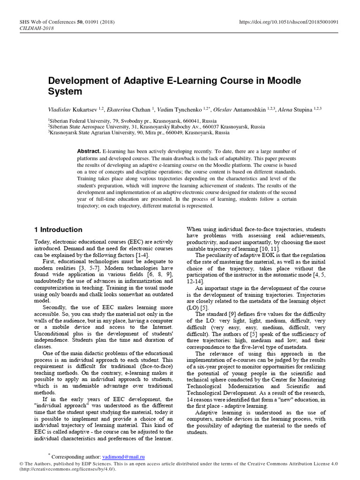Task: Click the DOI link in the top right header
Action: coord(290,22)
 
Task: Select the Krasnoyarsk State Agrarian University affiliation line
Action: coord(139,133)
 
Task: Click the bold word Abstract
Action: coord(89,151)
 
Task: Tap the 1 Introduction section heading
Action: coord(59,230)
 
